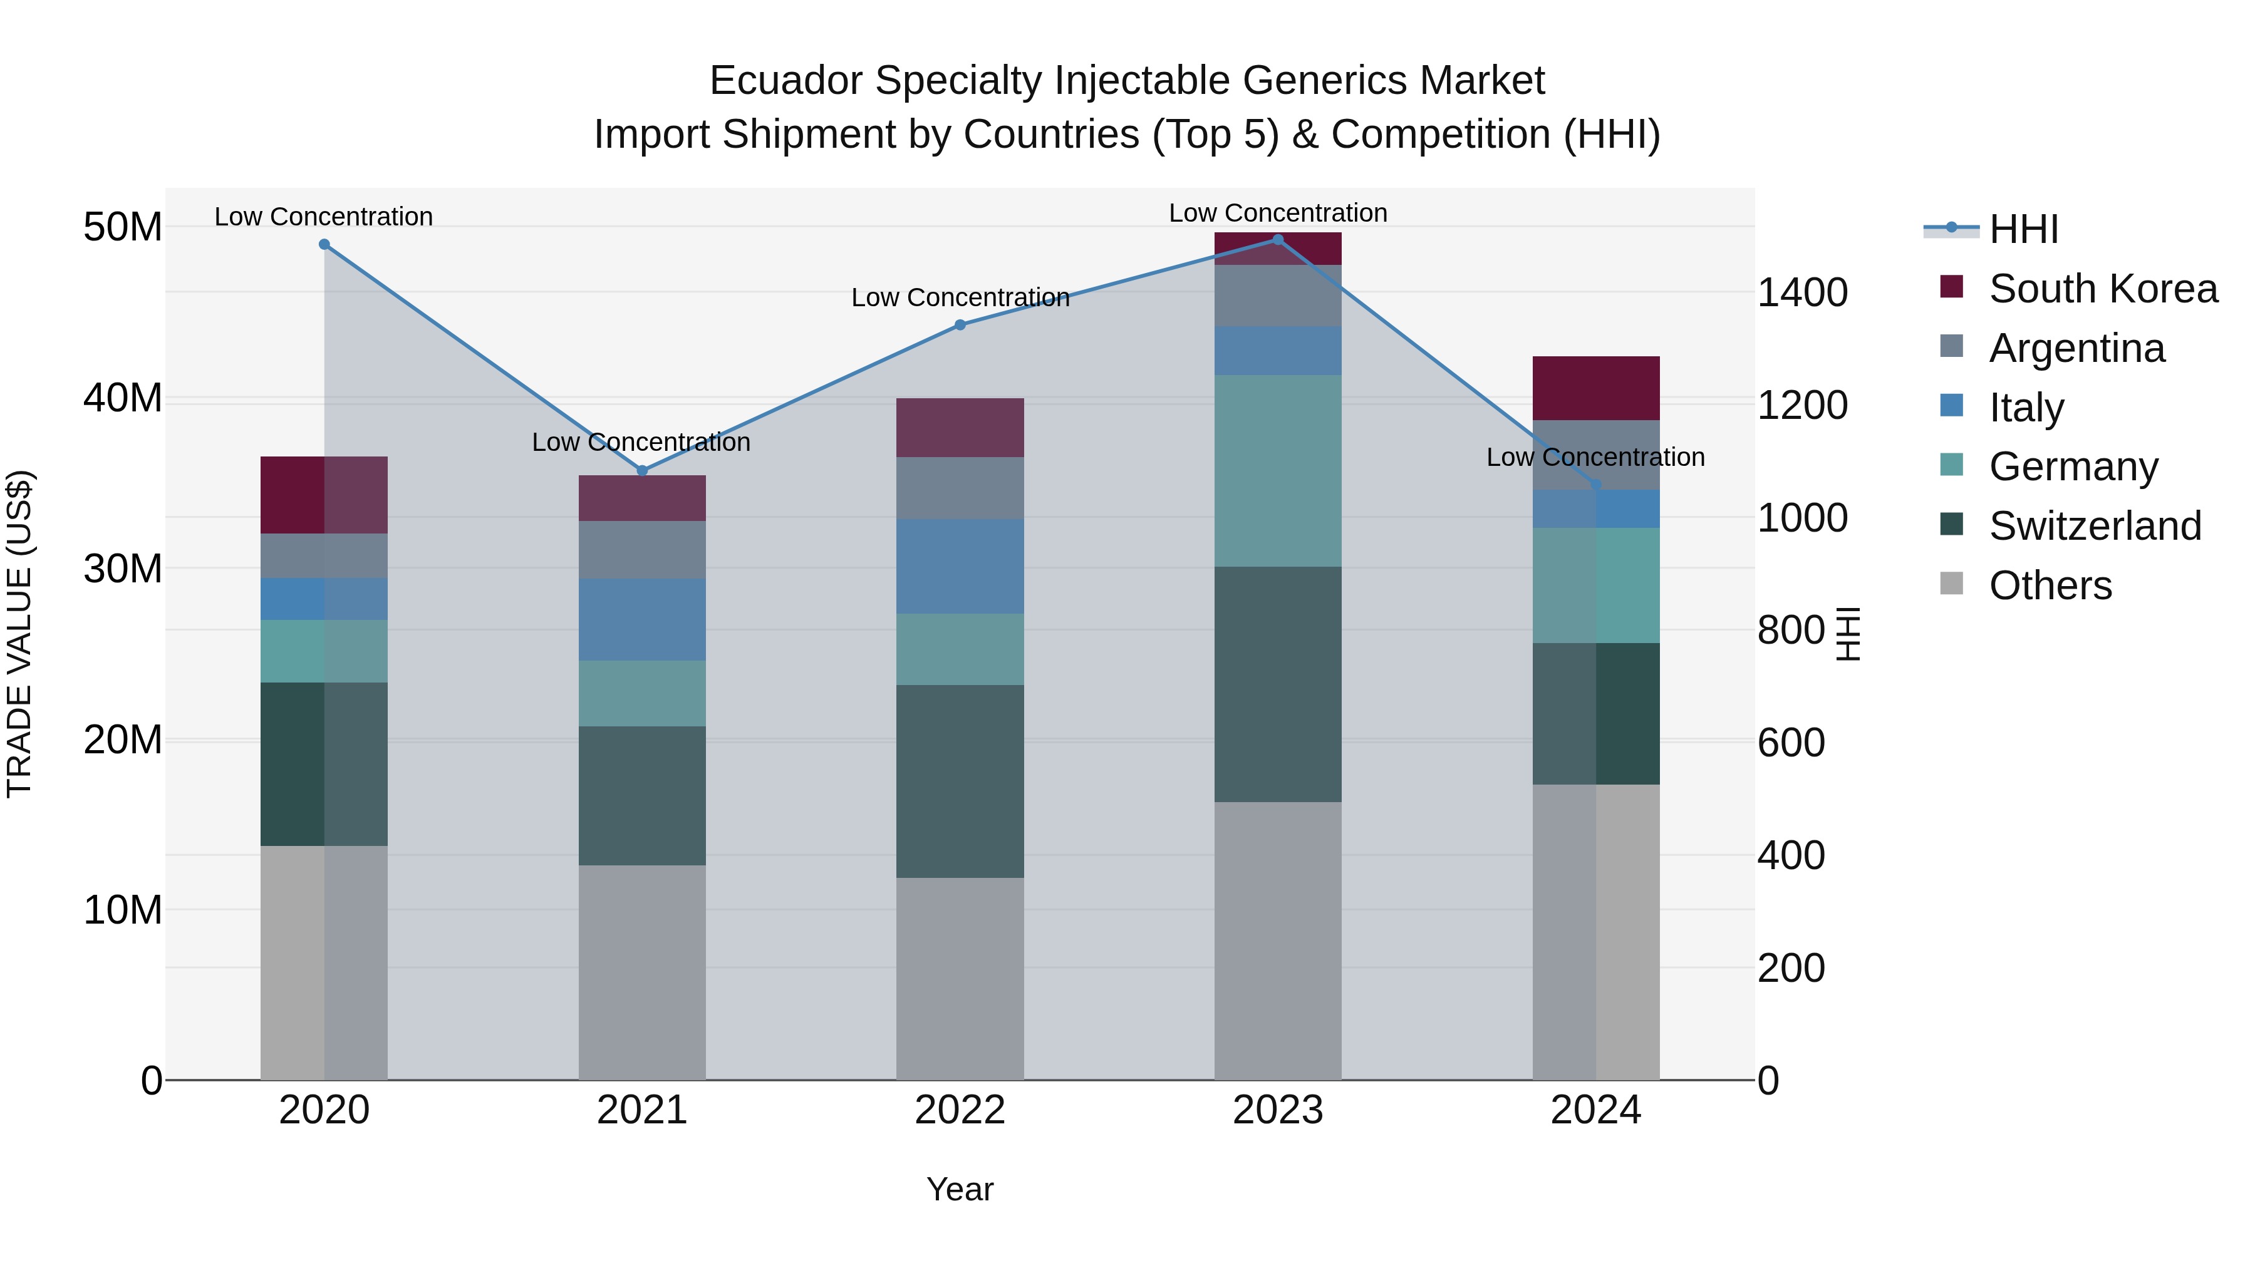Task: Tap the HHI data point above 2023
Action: [x=1277, y=240]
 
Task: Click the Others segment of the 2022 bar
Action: [x=960, y=977]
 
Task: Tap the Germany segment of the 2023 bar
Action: [x=1277, y=471]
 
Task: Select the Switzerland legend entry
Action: [x=2094, y=526]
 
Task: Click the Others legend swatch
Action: [x=1951, y=584]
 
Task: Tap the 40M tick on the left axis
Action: [x=123, y=398]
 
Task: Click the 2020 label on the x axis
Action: [x=324, y=1110]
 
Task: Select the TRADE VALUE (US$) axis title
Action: [x=19, y=634]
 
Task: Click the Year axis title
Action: [x=960, y=1189]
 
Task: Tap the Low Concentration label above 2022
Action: [x=960, y=297]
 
